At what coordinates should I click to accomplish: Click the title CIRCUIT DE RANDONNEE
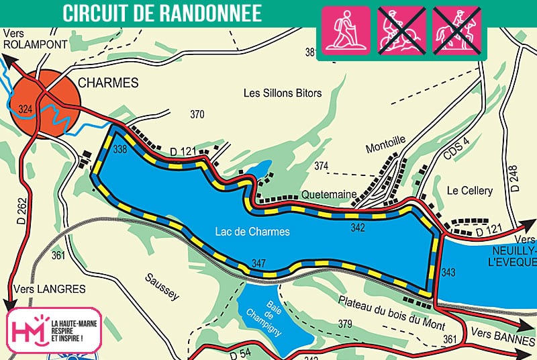point(162,14)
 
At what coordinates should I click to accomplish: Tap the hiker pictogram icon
point(346,30)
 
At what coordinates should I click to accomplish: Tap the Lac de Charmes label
point(252,232)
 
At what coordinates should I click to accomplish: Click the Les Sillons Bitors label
point(282,93)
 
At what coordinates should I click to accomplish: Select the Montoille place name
point(385,140)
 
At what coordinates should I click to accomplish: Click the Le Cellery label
point(469,191)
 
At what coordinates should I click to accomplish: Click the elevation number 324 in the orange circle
point(26,109)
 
